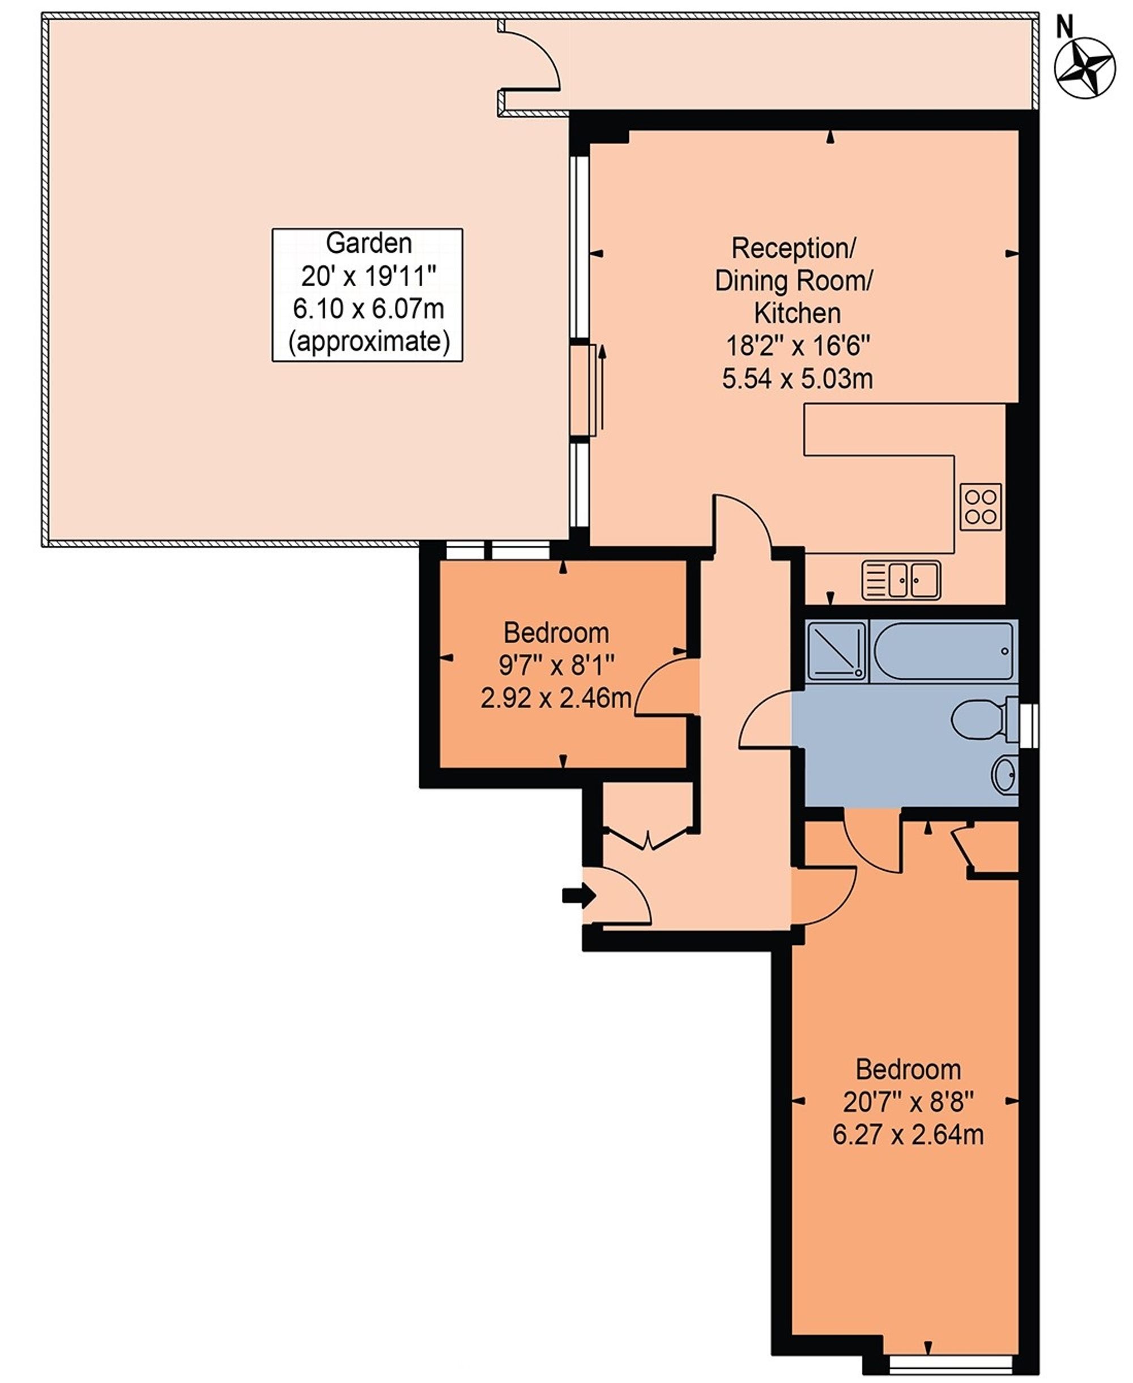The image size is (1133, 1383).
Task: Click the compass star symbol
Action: [x=1085, y=69]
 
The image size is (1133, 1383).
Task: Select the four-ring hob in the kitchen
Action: [x=980, y=507]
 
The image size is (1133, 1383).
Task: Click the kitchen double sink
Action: [x=901, y=579]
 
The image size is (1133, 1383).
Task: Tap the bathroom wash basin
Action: [x=1005, y=775]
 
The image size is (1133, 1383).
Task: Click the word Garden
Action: [x=369, y=244]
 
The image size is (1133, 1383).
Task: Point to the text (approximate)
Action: [x=369, y=342]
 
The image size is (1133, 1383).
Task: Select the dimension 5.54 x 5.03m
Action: [x=797, y=379]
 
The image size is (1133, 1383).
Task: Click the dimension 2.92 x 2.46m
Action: [x=556, y=699]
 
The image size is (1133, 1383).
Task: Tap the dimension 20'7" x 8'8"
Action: [x=908, y=1102]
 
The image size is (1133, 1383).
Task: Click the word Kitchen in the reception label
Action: [x=797, y=313]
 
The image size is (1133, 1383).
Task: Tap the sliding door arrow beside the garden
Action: [x=602, y=388]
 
